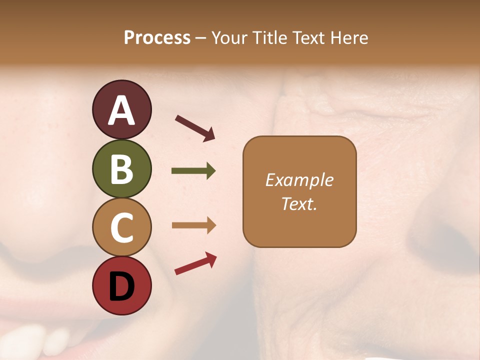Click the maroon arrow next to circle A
click(195, 127)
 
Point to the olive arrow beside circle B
click(193, 171)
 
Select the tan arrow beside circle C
click(193, 225)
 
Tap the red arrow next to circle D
click(195, 263)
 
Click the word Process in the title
click(157, 38)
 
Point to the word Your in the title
click(229, 38)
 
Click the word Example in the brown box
click(299, 180)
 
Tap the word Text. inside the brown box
click(299, 203)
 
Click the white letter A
click(122, 110)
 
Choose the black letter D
click(121, 286)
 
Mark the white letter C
click(121, 228)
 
